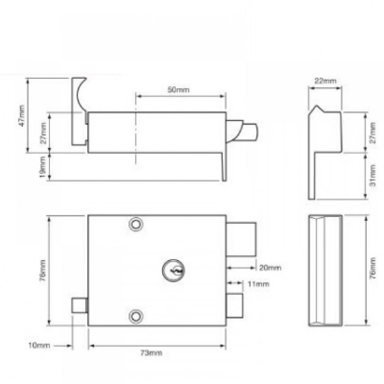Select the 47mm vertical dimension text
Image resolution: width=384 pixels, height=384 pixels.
22,115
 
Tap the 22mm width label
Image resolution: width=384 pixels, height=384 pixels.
325,81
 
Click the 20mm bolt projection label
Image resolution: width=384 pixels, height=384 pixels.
270,267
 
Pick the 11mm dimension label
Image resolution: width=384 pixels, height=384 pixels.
258,284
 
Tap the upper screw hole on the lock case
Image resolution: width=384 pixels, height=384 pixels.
135,224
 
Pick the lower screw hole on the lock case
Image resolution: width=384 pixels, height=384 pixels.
135,315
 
